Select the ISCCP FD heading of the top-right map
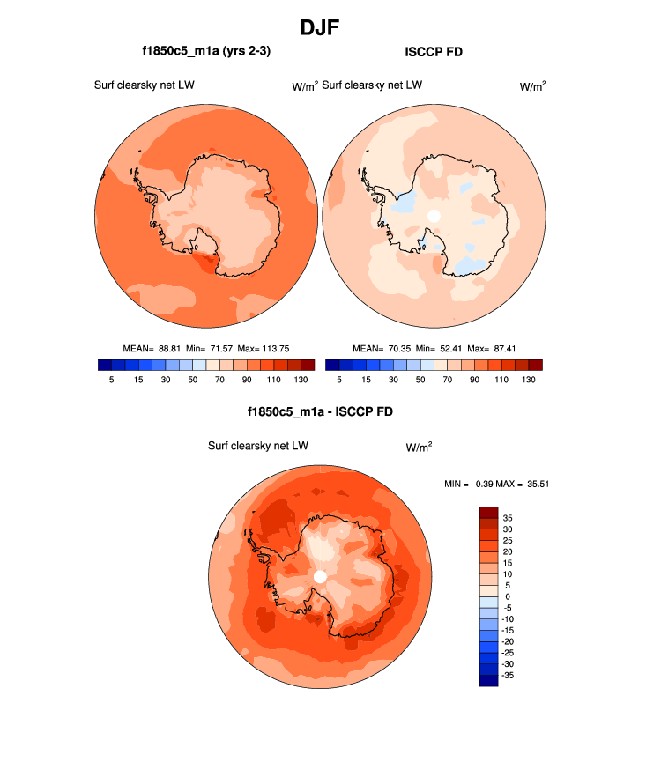(x=433, y=52)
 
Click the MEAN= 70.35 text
(x=376, y=348)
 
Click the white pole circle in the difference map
(x=320, y=576)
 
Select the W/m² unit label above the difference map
(x=419, y=447)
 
